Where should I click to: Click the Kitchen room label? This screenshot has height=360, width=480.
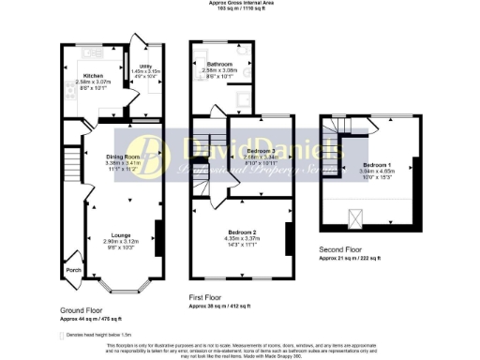[x=93, y=75]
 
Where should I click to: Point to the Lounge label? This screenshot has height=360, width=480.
[x=122, y=234]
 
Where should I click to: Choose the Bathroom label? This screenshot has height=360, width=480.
[x=219, y=64]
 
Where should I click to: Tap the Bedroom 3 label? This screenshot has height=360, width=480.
[x=261, y=151]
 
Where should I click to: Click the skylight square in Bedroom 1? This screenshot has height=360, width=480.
[x=354, y=218]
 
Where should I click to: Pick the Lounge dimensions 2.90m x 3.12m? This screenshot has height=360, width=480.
[x=122, y=241]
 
